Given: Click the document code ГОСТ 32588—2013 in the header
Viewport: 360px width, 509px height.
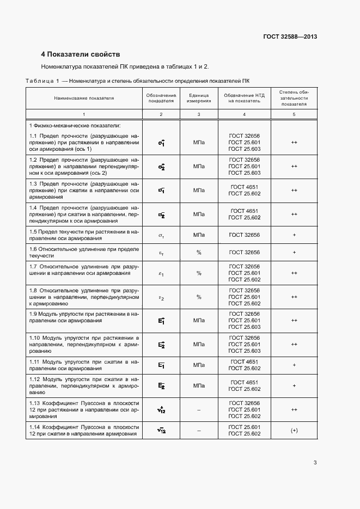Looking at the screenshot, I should (290, 37).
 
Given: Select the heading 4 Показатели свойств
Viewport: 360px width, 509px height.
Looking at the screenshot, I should (81, 54).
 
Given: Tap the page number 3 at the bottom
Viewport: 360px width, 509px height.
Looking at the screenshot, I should (315, 463).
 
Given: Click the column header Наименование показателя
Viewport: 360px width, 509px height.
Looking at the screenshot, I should (84, 99).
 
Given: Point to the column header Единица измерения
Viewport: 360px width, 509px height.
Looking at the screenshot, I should (198, 99).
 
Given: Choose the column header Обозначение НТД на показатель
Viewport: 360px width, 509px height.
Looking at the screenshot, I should (244, 99).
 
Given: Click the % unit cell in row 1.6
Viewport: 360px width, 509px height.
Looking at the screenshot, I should (199, 253).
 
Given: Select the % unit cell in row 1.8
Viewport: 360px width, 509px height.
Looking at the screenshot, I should (199, 297).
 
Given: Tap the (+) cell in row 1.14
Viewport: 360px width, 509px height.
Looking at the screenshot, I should (294, 431).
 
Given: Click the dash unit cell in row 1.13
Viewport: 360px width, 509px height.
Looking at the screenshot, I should (199, 410).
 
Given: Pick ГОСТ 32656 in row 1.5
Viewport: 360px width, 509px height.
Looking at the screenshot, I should (244, 235).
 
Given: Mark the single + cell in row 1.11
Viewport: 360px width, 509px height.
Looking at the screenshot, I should (294, 365).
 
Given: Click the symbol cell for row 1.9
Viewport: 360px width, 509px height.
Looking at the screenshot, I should (161, 321).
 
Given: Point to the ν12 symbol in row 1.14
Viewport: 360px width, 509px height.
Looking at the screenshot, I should (161, 431).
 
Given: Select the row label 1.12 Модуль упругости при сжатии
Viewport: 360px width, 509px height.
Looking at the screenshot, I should (84, 385).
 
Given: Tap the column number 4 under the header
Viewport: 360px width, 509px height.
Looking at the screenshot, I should (244, 114).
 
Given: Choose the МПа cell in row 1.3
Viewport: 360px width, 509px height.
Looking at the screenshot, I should (199, 191).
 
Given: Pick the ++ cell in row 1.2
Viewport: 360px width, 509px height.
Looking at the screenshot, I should (294, 167).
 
